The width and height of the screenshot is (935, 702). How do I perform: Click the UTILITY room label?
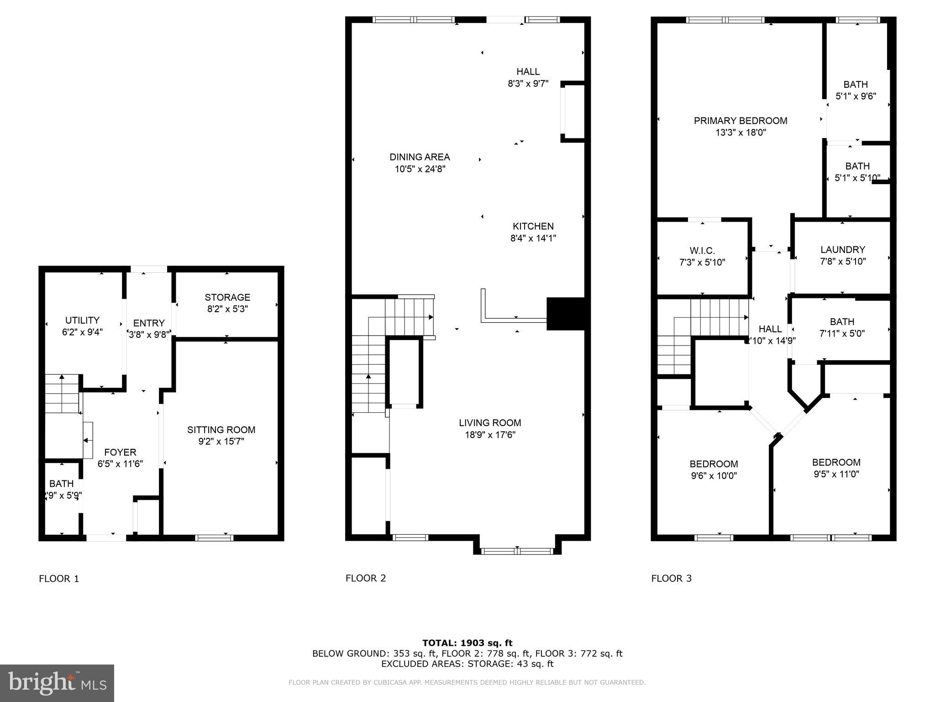tap(82, 320)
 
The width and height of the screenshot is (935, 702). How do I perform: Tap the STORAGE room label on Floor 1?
tap(227, 297)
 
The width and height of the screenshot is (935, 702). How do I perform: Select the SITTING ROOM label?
tap(221, 430)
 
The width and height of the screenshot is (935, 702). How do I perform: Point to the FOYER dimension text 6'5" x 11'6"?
tap(120, 464)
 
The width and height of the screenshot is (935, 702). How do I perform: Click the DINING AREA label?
tap(420, 157)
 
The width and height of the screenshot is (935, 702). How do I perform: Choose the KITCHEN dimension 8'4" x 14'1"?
tap(533, 238)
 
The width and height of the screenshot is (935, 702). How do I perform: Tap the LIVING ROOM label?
tap(490, 423)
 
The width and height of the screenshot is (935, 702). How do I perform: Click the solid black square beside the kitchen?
tap(565, 314)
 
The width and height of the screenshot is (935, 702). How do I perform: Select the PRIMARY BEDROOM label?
tap(741, 121)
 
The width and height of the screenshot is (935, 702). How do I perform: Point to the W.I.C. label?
tap(702, 250)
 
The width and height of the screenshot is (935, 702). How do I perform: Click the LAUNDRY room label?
tap(842, 250)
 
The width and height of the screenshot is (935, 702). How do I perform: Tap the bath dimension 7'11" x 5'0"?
tap(842, 334)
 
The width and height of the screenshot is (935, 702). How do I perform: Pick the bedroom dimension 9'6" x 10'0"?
tap(714, 476)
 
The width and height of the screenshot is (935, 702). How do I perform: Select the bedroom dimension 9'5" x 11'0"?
tap(836, 474)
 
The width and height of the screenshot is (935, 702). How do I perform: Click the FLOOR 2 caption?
tap(366, 578)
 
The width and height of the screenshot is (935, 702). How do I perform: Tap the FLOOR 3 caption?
tap(671, 579)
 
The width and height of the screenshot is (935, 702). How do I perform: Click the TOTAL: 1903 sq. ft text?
tap(467, 643)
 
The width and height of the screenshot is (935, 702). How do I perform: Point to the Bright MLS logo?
tap(57, 683)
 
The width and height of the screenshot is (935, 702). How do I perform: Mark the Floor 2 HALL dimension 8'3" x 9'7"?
tap(528, 84)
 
